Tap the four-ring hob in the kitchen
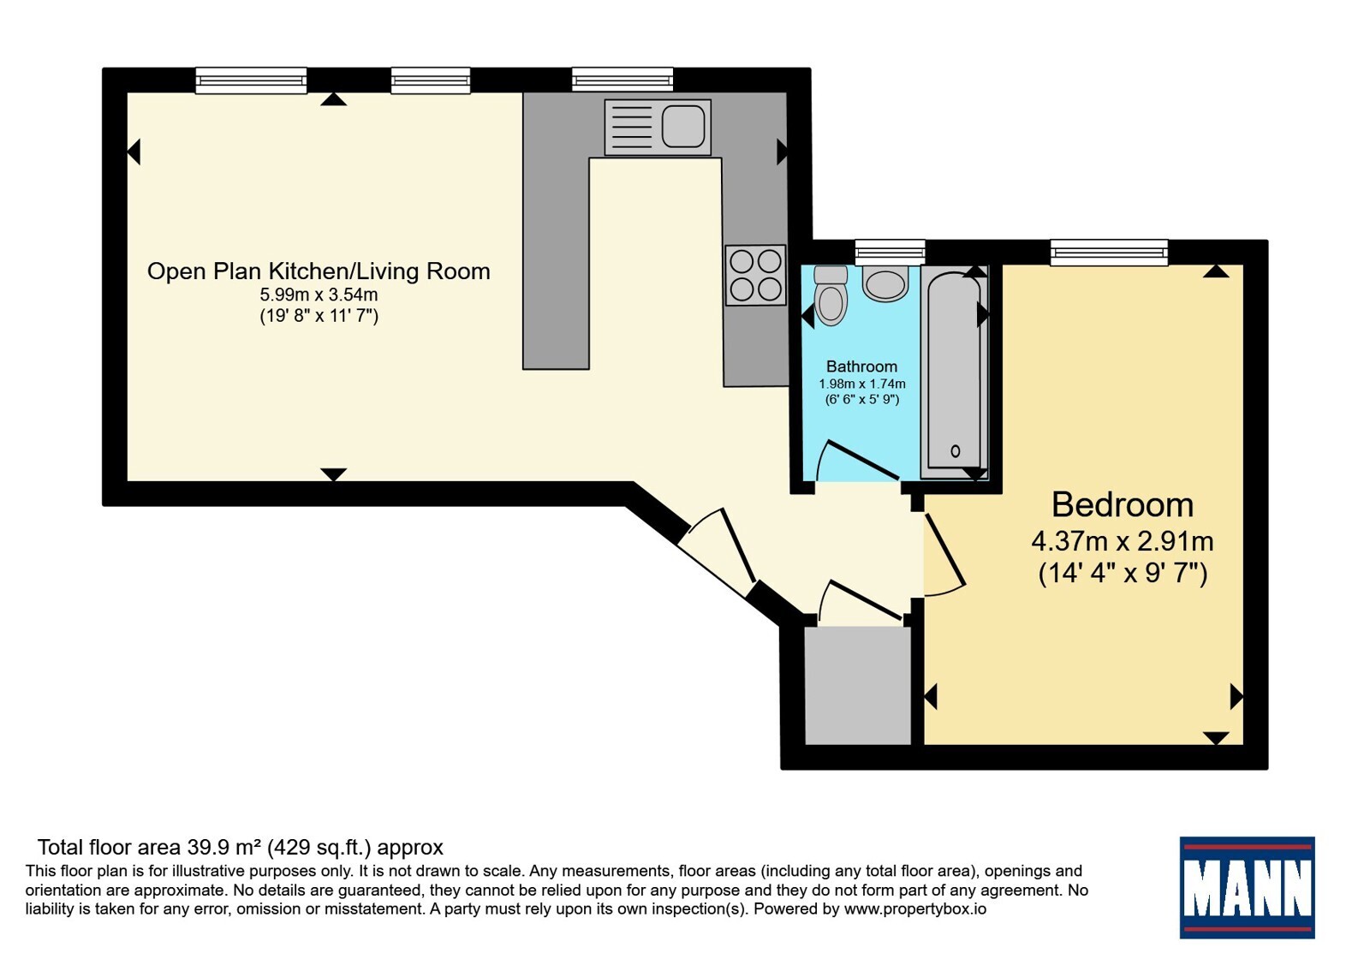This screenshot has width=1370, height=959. pyautogui.click(x=755, y=275)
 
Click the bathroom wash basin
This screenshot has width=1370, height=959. pyautogui.click(x=885, y=283)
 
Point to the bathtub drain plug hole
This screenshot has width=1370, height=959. pyautogui.click(x=956, y=451)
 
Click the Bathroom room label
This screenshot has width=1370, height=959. pyautogui.click(x=861, y=366)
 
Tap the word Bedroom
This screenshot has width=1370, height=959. pyautogui.click(x=1123, y=504)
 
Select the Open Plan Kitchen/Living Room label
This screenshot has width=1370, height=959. pyautogui.click(x=319, y=271)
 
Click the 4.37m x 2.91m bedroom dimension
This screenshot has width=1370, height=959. pyautogui.click(x=1123, y=541)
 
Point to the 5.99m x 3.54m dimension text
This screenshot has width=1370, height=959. pyautogui.click(x=319, y=295)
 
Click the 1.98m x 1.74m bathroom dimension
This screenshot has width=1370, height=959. pyautogui.click(x=861, y=384)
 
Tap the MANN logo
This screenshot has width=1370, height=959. pyautogui.click(x=1247, y=887)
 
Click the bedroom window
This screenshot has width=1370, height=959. pyautogui.click(x=1109, y=252)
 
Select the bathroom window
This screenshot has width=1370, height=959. pyautogui.click(x=890, y=252)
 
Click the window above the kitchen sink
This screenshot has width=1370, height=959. pyautogui.click(x=622, y=80)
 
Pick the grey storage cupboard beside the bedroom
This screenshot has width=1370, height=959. pyautogui.click(x=857, y=686)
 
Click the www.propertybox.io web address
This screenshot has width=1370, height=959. pyautogui.click(x=915, y=908)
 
